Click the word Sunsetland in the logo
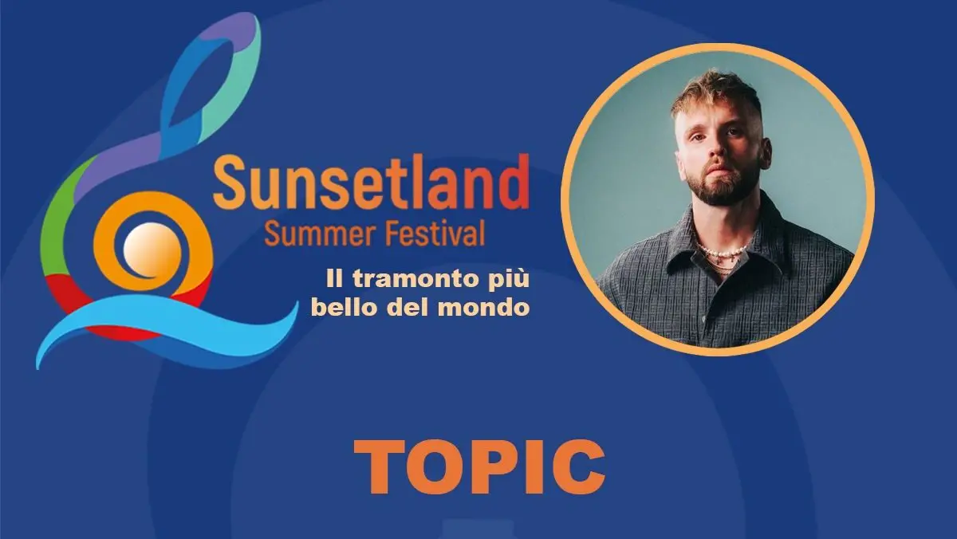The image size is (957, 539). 371,182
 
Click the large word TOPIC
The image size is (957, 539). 478,466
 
